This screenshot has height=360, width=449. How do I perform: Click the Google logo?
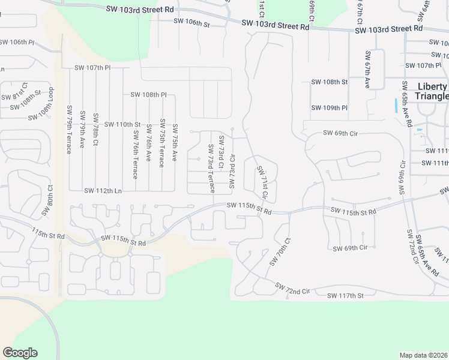pyautogui.click(x=20, y=353)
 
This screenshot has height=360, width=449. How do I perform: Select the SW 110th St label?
pyautogui.click(x=122, y=124)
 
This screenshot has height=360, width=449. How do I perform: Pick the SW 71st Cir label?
pyautogui.click(x=262, y=183)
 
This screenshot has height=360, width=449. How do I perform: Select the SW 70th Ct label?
pyautogui.click(x=280, y=252)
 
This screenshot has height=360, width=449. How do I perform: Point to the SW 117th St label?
pyautogui.click(x=346, y=296)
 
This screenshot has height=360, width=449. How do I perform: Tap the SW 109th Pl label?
pyautogui.click(x=330, y=108)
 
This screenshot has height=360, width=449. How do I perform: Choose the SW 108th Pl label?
pyautogui.click(x=148, y=95)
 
